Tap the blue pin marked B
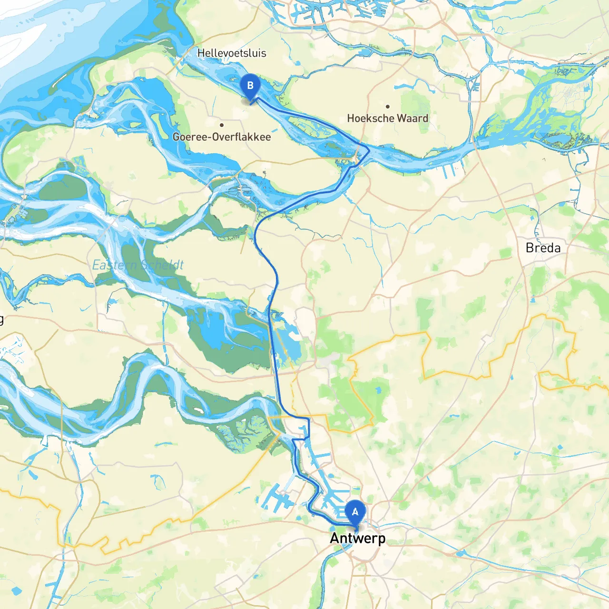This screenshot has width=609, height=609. coord(250,87)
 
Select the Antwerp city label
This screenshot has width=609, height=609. coord(357,538)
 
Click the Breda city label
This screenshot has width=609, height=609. coord(543,248)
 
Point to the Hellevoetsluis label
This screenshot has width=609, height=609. coord(232,53)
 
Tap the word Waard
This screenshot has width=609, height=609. coord(413,118)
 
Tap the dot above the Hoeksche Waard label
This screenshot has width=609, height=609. coord(388,107)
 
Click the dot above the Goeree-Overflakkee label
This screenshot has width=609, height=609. coord(222,125)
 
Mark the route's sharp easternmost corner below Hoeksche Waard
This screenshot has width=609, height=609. coord(370,150)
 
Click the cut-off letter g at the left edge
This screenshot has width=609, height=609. coord(1,319)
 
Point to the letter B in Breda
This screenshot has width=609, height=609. coord(530,248)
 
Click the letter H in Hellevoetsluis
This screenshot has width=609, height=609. coord(201,53)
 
